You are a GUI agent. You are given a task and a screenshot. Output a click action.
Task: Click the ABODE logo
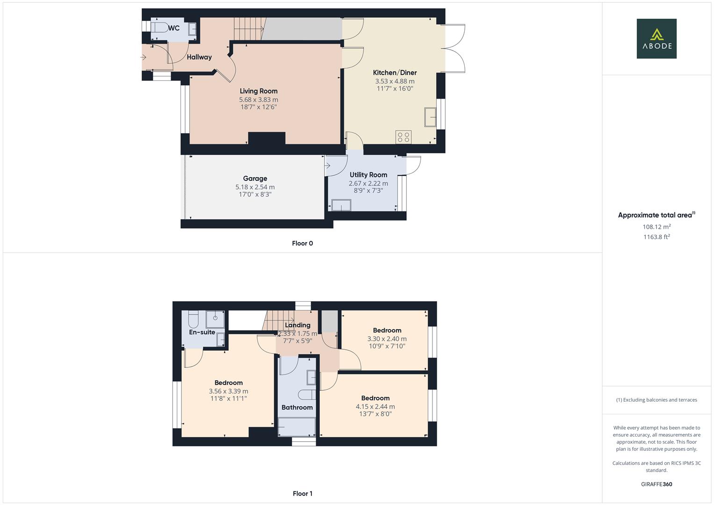click(x=656, y=39)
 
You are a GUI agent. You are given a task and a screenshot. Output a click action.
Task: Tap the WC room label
click(x=174, y=28)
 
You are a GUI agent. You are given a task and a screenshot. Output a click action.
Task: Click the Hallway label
click(x=199, y=57)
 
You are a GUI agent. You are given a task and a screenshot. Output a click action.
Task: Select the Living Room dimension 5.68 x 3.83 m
click(x=258, y=100)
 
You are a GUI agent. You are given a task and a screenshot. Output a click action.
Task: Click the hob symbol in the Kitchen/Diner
click(x=403, y=137)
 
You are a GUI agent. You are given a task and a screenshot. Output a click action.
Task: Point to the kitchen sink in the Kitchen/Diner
click(x=430, y=117)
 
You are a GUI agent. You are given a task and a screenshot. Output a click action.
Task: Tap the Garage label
click(x=255, y=178)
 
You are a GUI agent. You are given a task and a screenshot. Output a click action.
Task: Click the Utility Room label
click(x=368, y=175)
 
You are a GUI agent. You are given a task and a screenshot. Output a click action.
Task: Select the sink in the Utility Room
click(x=341, y=205)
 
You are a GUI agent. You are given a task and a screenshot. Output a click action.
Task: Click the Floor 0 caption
click(x=302, y=243)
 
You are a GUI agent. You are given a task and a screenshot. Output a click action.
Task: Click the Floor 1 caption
click(x=302, y=493)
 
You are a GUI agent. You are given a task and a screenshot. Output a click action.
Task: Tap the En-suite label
click(x=202, y=332)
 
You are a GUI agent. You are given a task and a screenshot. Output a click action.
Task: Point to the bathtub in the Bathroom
click(x=297, y=427)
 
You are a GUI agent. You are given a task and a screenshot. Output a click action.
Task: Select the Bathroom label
click(x=297, y=407)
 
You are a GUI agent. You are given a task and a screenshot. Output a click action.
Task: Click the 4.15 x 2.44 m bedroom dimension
click(x=375, y=407)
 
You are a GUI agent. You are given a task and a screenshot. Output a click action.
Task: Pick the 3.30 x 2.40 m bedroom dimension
click(x=387, y=339)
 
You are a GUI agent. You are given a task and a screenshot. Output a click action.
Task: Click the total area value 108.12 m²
click(x=656, y=227)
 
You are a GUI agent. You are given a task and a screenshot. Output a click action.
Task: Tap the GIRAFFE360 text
click(x=656, y=484)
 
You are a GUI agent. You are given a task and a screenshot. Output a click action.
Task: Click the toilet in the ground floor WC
click(x=158, y=28)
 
